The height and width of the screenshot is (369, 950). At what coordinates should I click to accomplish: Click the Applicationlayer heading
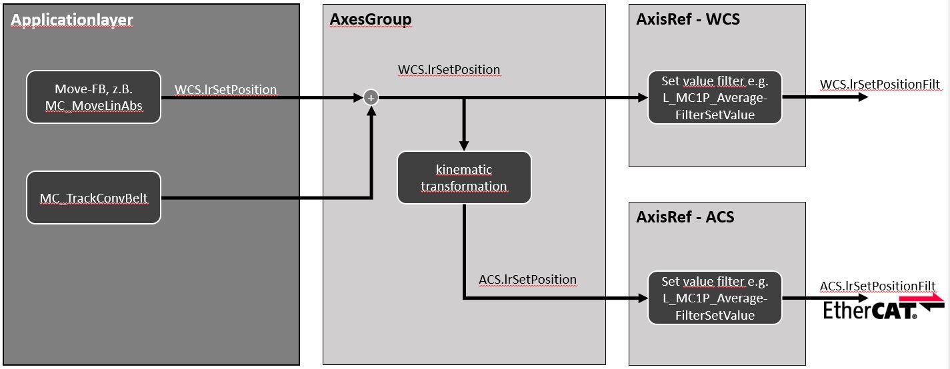(72, 21)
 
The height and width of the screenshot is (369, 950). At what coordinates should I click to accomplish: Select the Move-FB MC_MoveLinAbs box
(93, 97)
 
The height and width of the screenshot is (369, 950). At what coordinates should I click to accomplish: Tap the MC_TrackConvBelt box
(93, 197)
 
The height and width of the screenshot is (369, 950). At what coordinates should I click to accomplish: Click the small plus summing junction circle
(372, 98)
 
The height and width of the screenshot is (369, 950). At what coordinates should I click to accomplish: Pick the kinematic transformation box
(464, 178)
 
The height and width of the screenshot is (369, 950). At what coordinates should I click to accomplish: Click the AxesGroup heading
(371, 19)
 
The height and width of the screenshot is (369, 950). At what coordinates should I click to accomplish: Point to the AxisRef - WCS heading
(688, 19)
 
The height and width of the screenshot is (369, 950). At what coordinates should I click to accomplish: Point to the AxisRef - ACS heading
(685, 216)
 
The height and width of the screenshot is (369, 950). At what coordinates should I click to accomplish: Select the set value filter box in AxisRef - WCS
(715, 98)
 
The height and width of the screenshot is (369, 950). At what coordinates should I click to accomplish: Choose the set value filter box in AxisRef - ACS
(715, 298)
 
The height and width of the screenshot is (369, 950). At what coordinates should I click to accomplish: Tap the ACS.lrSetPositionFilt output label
(877, 286)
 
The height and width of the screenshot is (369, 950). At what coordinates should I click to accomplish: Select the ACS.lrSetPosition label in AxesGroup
(527, 280)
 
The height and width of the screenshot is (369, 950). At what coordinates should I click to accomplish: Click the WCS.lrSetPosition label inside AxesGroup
(449, 69)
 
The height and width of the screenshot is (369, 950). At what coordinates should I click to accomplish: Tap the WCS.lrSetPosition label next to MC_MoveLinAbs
(225, 89)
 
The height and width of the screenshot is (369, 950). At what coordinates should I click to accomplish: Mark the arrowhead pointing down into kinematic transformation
(464, 145)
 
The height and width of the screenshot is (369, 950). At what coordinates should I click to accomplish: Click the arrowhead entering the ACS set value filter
(642, 298)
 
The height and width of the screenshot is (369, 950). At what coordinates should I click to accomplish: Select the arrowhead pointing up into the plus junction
(372, 111)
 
